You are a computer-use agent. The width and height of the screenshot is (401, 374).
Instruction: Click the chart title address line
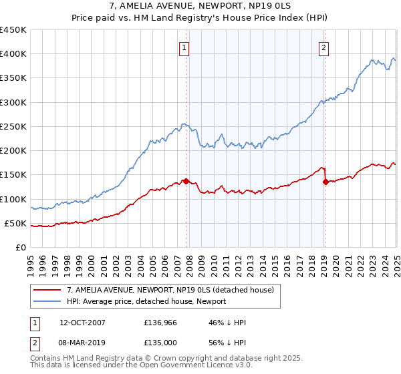click(x=200, y=7)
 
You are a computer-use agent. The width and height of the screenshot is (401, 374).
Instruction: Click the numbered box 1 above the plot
click(x=184, y=47)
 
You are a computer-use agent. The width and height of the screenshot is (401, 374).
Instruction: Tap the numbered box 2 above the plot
click(x=323, y=47)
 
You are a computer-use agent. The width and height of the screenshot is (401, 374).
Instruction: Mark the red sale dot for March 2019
click(x=325, y=182)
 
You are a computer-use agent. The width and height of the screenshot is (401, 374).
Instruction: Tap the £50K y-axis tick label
click(x=16, y=223)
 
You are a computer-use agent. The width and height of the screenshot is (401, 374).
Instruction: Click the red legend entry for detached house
click(x=170, y=290)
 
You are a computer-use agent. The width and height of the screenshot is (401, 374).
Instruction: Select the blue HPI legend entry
click(x=146, y=302)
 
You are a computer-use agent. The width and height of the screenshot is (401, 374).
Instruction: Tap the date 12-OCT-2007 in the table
click(x=82, y=323)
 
